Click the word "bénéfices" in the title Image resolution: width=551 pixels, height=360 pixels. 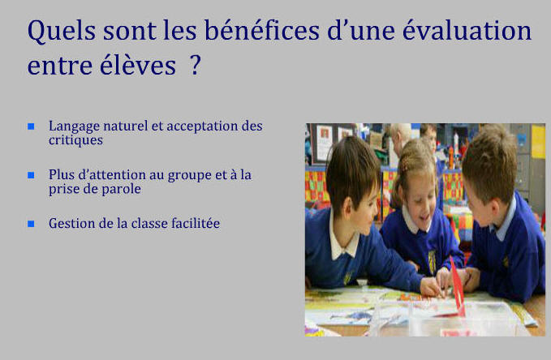(262, 30)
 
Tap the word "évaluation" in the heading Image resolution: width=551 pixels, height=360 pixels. (467, 30)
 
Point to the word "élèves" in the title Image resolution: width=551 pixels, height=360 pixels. (138, 65)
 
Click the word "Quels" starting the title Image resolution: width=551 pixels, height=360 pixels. (62, 31)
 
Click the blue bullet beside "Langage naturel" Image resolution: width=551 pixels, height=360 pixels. (31, 126)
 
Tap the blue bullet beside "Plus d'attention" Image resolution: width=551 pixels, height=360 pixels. (31, 175)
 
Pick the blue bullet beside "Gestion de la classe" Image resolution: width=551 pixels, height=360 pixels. (31, 224)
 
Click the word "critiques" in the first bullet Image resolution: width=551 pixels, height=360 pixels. (75, 140)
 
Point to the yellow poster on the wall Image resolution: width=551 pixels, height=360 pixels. (538, 141)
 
